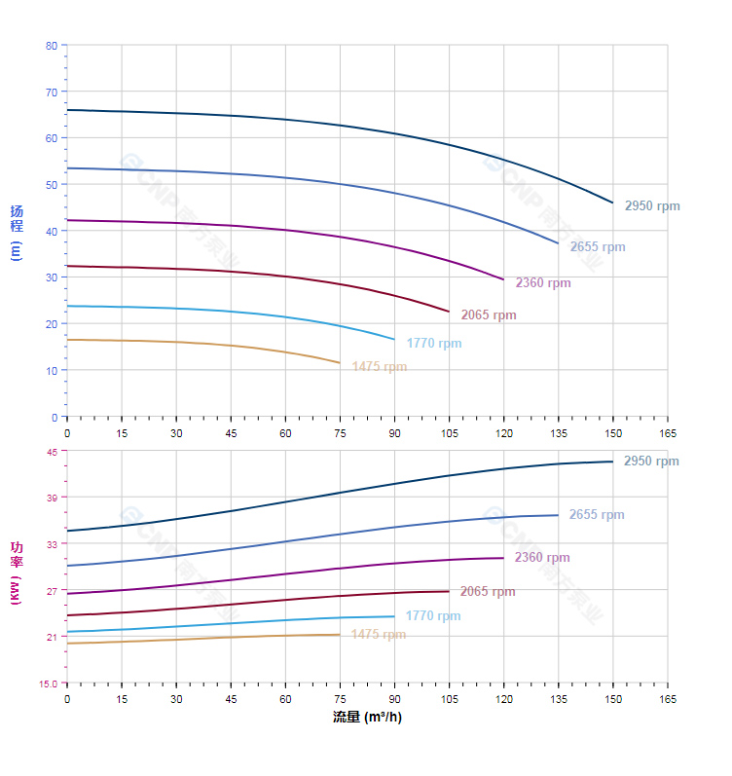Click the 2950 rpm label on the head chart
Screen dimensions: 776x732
coord(652,206)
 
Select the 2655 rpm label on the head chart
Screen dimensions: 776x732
coord(598,247)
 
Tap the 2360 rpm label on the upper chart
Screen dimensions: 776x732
coord(543,283)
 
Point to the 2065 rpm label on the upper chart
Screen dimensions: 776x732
coord(489,315)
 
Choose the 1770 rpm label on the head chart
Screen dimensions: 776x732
coord(434,344)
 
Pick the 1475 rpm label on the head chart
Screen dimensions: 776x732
coord(380,367)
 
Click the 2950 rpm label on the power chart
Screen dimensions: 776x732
coord(651,462)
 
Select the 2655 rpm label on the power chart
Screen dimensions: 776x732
coord(597,515)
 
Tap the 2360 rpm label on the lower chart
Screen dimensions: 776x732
coord(542,558)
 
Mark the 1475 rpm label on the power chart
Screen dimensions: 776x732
coord(379,635)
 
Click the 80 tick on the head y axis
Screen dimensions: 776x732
coord(52,46)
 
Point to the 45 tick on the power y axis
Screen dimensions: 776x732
coord(52,451)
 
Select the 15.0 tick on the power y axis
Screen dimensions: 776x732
coord(48,683)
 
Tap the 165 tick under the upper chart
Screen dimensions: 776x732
coord(668,432)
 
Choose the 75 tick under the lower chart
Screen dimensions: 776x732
coord(340,699)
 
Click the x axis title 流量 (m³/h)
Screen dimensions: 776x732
coord(367,718)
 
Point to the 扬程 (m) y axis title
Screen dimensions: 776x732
coord(16,232)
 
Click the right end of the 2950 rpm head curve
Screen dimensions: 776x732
coord(613,203)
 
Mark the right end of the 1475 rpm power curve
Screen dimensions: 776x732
coord(340,635)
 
